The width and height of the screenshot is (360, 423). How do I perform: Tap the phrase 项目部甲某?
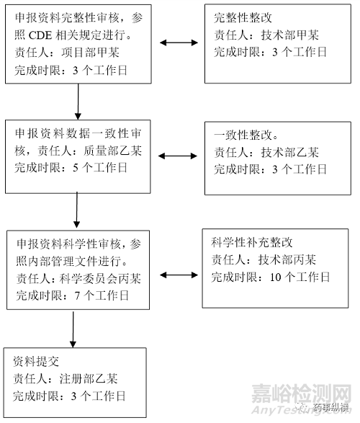tap(90, 53)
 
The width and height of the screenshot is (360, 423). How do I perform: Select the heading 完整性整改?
tap(243, 18)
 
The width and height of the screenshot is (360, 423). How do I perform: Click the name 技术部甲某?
tap(290, 35)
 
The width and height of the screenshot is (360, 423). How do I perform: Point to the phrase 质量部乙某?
tap(112, 151)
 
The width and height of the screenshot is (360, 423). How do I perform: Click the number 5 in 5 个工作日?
tap(76, 168)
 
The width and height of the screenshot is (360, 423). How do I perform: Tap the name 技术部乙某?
tap(290, 153)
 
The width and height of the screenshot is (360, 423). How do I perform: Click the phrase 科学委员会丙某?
tap(100, 278)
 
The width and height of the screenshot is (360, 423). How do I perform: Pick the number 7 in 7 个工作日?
tap(77, 296)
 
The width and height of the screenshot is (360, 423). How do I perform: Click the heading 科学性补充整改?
tap(252, 242)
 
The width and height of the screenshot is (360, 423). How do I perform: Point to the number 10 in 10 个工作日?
tap(276, 277)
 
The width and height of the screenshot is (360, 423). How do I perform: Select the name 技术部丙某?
tap(287, 259)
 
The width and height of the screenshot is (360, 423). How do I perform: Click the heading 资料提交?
tap(36, 361)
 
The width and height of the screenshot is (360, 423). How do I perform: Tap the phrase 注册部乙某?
tap(89, 379)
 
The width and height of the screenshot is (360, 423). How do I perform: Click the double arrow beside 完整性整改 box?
tap(179, 43)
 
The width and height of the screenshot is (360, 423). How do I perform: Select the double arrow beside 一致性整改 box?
tap(178, 156)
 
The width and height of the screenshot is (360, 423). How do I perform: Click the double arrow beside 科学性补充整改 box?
tap(179, 275)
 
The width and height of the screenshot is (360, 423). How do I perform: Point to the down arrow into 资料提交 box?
tap(73, 329)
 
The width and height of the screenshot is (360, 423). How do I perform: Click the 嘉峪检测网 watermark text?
tap(301, 394)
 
